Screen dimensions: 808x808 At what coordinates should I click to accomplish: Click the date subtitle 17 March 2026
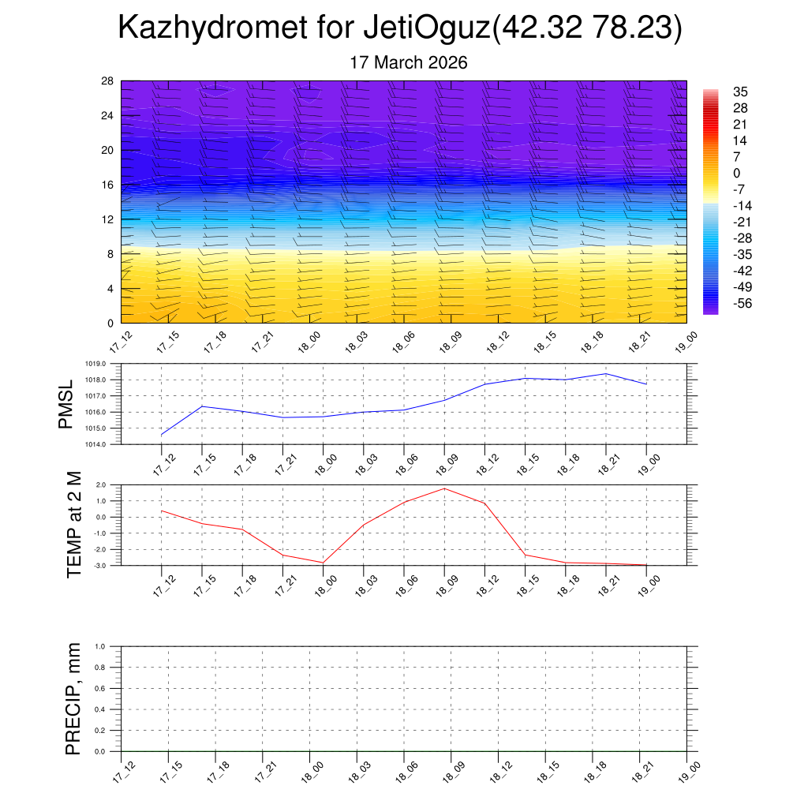coord(409,62)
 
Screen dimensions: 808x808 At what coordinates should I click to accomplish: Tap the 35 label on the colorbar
coord(741,92)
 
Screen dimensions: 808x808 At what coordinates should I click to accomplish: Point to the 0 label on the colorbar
coord(737,174)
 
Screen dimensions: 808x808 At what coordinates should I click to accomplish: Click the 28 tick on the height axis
coord(108,81)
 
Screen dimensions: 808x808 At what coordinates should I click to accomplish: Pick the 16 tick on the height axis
coord(108,185)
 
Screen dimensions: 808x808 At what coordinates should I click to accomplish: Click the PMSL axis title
coord(65,404)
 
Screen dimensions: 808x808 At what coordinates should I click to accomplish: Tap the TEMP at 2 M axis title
coord(75,524)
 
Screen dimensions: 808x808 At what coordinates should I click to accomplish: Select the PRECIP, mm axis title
coord(73,698)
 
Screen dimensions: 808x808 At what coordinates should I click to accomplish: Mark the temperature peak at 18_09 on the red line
coord(444,488)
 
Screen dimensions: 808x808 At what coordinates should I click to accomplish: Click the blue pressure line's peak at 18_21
coord(606,373)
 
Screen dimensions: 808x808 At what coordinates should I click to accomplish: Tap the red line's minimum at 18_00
coord(323,563)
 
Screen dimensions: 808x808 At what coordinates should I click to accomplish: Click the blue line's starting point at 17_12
coord(162,435)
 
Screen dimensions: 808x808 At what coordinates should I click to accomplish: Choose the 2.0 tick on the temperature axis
coord(102,485)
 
